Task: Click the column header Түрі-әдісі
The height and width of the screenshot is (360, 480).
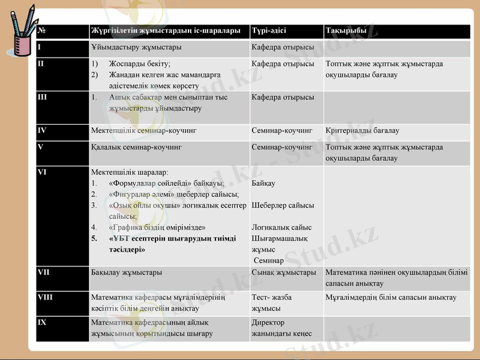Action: point(269,31)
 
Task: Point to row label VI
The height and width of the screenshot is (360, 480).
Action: point(42,172)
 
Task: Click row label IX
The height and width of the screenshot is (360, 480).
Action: point(42,322)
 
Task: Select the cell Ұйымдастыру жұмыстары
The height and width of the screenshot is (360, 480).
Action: point(136,47)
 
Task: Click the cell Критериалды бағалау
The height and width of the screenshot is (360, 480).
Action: point(362,130)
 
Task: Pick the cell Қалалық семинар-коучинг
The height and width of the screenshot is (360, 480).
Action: point(136,146)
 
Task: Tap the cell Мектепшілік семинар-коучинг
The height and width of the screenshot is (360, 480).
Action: point(143,130)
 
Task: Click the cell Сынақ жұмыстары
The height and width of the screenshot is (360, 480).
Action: point(284,272)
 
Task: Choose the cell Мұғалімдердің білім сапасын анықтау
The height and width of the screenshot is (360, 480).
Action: point(391,298)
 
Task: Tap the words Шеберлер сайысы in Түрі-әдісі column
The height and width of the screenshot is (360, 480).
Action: point(283,205)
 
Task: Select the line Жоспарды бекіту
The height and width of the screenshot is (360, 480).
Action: point(140,64)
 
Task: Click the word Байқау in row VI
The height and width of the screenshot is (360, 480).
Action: point(264,183)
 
